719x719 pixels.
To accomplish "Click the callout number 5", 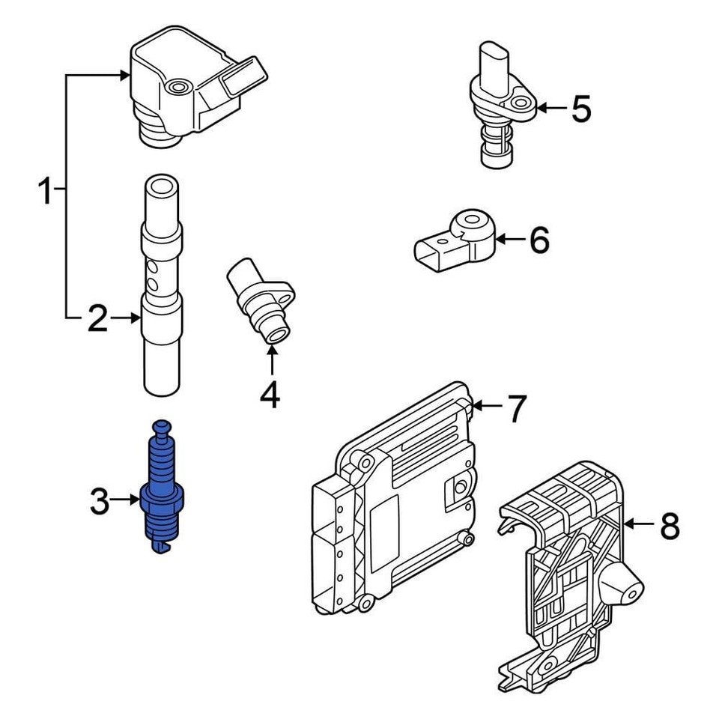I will [581, 109].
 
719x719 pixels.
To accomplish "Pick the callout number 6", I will [539, 240].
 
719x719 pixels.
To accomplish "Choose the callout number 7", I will [518, 408].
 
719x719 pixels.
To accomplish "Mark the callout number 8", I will [670, 526].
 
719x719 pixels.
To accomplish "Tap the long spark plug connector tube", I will [160, 285].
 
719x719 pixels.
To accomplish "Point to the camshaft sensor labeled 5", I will [498, 105].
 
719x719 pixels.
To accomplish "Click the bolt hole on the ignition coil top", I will [178, 91].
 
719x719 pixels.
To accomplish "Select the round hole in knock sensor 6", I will [472, 222].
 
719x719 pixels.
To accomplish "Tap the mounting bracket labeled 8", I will [569, 569].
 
